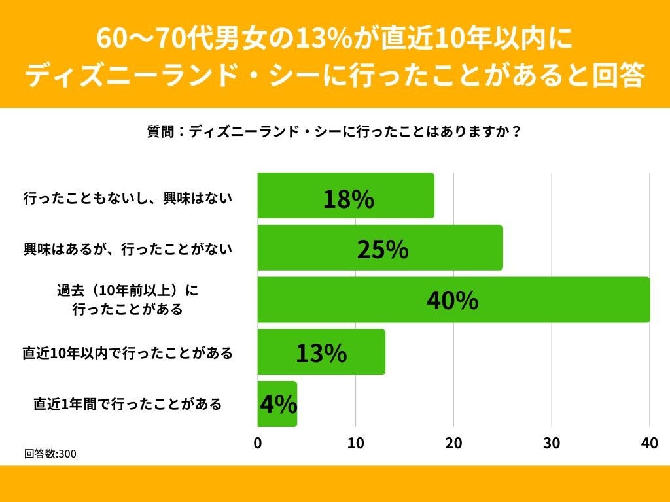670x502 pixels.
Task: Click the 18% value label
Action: tap(349, 199)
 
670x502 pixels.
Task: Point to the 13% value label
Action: tap(321, 353)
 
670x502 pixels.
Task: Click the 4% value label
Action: tap(278, 405)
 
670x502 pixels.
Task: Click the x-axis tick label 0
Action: tap(258, 443)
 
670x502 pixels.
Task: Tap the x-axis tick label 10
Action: tap(355, 443)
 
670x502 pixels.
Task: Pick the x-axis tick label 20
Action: tap(453, 443)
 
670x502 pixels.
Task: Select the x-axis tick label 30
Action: tap(552, 443)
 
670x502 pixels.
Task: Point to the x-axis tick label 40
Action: tap(649, 443)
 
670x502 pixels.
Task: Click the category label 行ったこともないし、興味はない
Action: tap(128, 197)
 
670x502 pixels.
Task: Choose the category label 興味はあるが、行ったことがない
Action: tap(128, 249)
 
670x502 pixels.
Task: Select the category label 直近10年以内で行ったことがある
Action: tap(128, 353)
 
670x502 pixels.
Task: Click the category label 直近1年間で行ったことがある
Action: tap(128, 405)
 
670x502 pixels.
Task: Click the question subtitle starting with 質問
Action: tap(334, 131)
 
